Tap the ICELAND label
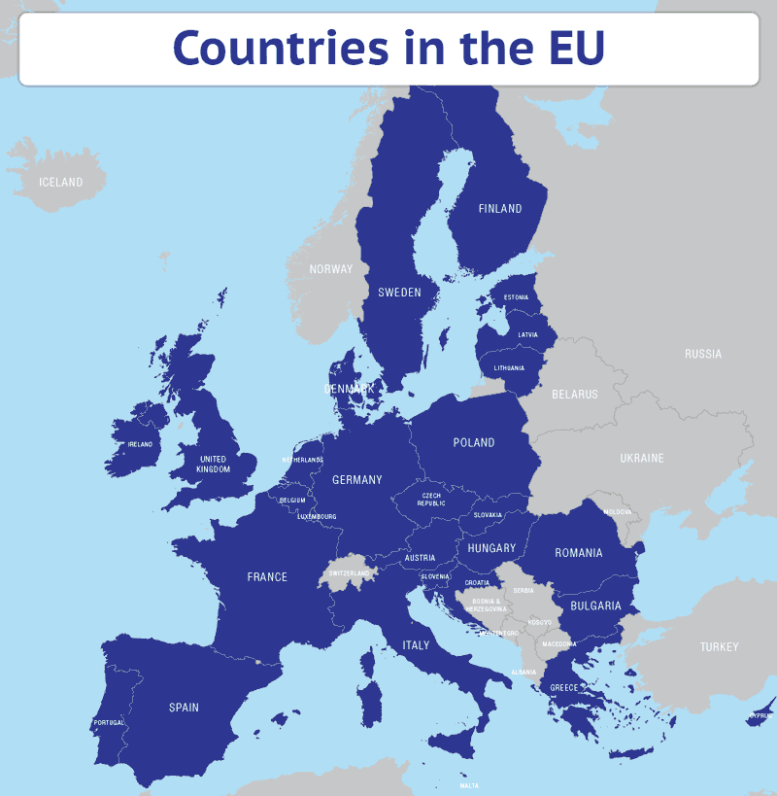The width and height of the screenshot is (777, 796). [60, 182]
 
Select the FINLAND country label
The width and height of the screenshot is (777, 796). [500, 208]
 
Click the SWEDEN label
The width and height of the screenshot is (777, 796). [399, 292]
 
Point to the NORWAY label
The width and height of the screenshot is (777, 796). [331, 269]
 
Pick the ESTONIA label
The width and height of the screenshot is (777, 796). [517, 297]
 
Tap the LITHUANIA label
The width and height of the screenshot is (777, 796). [509, 368]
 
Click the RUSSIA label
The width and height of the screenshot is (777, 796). [703, 354]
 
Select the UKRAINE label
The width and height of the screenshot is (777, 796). [642, 458]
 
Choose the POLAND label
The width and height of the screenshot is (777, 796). [474, 442]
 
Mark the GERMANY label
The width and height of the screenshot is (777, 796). [357, 479]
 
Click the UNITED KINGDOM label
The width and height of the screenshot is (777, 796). [213, 465]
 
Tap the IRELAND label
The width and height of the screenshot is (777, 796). [140, 444]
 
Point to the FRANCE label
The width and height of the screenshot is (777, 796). [267, 576]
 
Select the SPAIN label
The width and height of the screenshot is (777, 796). [184, 707]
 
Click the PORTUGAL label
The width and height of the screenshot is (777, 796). [109, 723]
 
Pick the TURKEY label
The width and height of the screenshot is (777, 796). [720, 646]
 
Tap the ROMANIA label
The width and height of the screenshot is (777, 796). [579, 553]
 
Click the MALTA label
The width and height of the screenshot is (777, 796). [469, 785]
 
